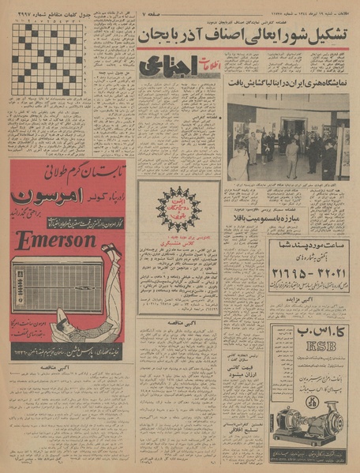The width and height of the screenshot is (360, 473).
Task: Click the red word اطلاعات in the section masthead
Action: (x=207, y=69)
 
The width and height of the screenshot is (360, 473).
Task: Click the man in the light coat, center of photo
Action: (x=292, y=156)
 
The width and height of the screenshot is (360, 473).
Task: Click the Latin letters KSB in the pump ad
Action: (x=308, y=347)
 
